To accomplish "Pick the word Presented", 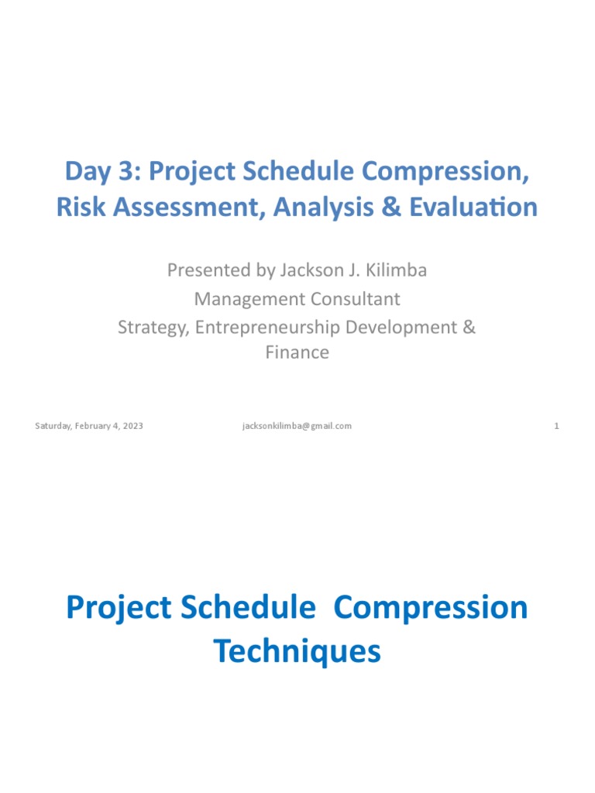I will point(204,272).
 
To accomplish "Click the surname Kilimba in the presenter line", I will point(397,271).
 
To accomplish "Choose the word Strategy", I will point(153,328).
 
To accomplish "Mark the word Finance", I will point(297,353).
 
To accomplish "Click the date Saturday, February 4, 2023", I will point(89,426).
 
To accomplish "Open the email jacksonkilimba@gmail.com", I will point(297,426).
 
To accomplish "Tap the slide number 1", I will point(556,426).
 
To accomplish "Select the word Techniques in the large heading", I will point(297,651).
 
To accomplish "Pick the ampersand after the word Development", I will point(469,327).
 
